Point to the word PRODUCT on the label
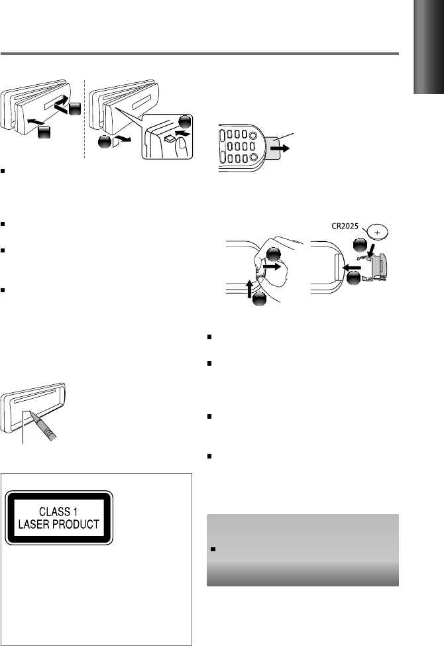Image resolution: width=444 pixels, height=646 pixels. tap(76, 524)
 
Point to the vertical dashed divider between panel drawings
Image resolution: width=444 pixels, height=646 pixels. tap(84, 119)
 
